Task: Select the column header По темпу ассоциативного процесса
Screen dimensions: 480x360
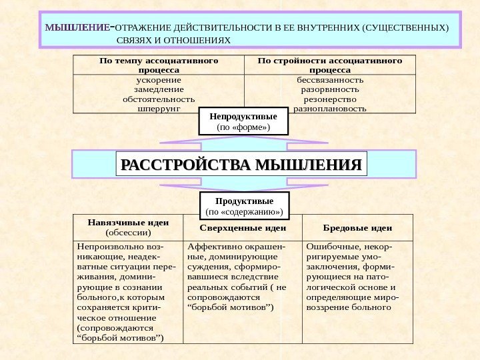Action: (x=158, y=65)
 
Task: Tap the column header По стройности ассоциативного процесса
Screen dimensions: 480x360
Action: (x=330, y=65)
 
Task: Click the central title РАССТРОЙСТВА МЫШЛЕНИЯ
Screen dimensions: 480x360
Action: (x=243, y=164)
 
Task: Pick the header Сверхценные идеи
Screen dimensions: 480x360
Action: (x=243, y=228)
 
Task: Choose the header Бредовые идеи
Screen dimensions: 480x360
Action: (x=357, y=228)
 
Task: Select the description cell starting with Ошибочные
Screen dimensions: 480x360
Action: (x=357, y=277)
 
